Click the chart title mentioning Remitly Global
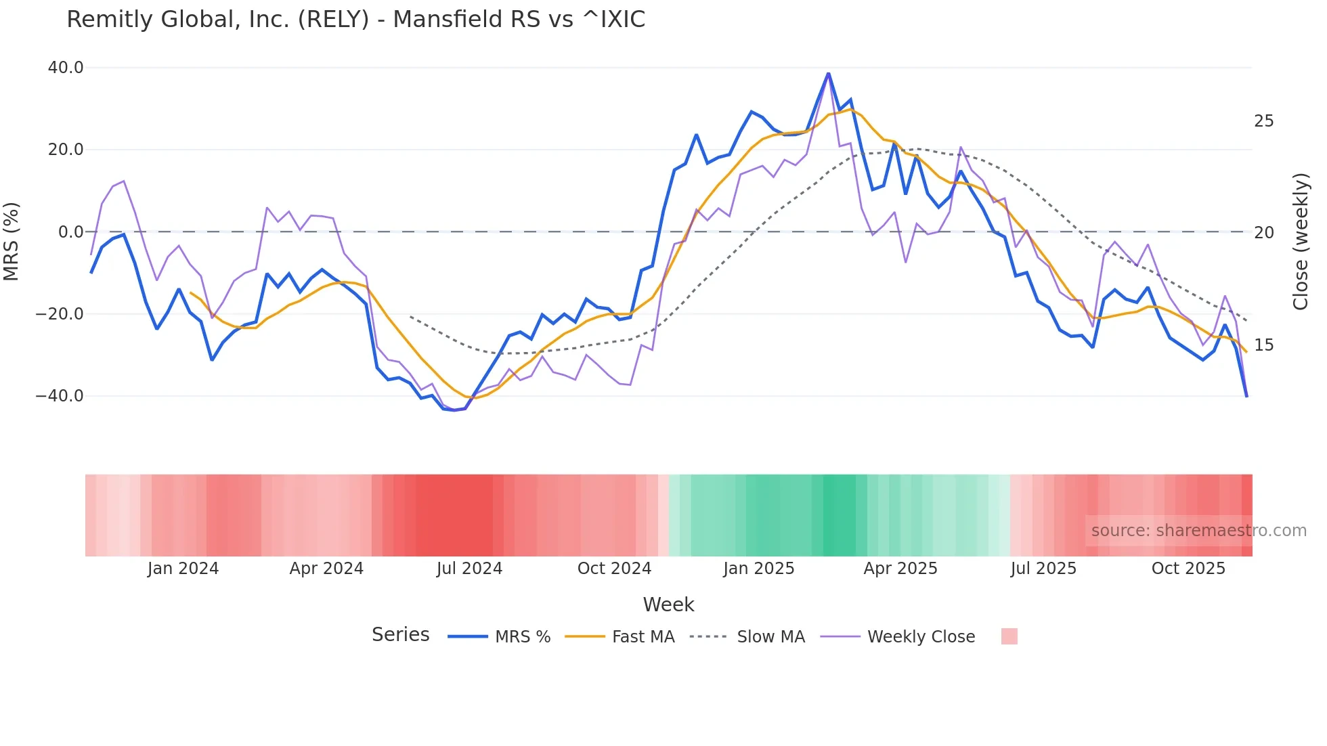point(355,20)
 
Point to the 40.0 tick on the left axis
point(66,68)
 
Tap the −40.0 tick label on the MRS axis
point(60,396)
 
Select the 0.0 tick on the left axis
point(71,232)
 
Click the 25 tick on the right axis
point(1263,121)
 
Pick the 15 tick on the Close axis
point(1263,345)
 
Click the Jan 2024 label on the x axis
point(183,569)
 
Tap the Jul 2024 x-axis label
point(469,569)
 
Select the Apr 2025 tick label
point(900,569)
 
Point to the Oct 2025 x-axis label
point(1188,569)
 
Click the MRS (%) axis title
point(12,241)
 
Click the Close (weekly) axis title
point(1300,242)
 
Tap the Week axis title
point(668,605)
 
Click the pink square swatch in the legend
point(1009,636)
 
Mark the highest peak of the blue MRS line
point(828,73)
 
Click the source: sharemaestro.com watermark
point(1198,531)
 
